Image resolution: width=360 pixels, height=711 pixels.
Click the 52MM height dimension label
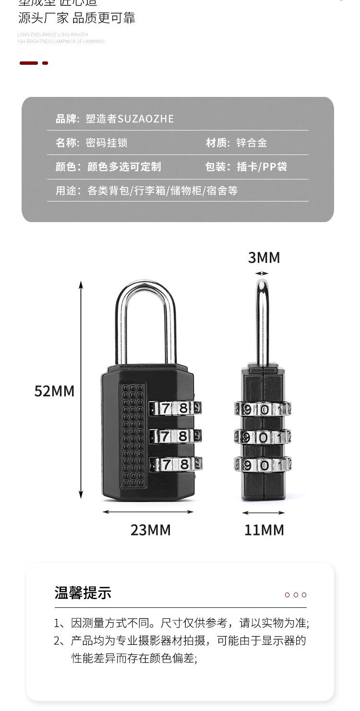pos(54,391)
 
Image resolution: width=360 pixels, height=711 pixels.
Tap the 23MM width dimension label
pos(150,530)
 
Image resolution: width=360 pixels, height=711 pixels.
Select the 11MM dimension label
pos(264,530)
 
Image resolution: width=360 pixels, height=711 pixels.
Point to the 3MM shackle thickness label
pos(264,258)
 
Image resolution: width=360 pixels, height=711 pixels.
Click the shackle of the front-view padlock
pos(146,307)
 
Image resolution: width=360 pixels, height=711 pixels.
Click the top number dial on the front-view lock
pos(175,408)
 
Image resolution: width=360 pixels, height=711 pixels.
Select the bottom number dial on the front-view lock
pos(175,464)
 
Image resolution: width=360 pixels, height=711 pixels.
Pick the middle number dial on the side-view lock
pos(263,437)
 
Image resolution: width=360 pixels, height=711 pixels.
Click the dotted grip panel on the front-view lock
pos(133,434)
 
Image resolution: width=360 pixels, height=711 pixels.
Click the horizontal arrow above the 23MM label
pos(148,512)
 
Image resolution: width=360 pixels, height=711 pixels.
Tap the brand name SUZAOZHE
pos(145,118)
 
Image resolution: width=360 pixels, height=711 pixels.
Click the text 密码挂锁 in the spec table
pos(107,142)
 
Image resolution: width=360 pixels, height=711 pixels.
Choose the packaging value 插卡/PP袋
pos(262,166)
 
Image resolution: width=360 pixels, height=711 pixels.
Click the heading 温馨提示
pos(83,593)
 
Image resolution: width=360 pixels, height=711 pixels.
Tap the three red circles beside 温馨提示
pos(296,595)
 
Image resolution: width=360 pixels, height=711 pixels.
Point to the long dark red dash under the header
pos(29,63)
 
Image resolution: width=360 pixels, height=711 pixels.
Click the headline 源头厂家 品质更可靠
pos(77,18)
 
